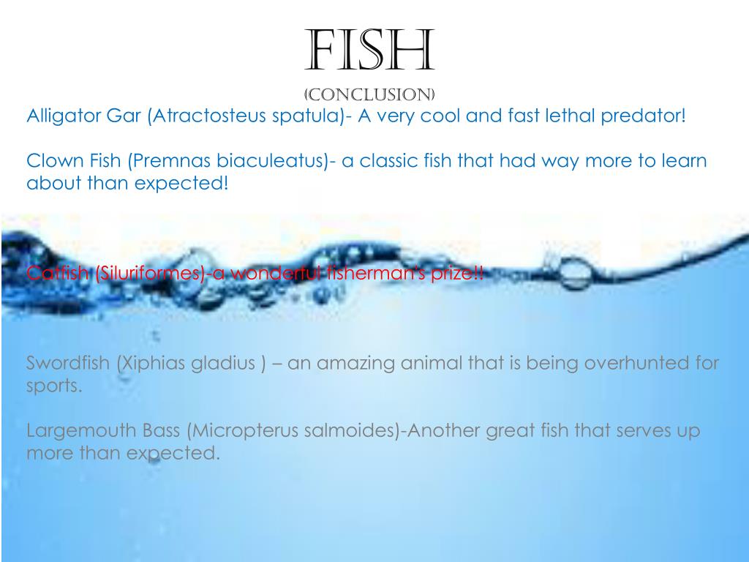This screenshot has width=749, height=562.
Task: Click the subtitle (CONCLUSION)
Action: pyautogui.click(x=369, y=95)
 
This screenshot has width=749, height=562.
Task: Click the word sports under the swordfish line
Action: pyautogui.click(x=53, y=386)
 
